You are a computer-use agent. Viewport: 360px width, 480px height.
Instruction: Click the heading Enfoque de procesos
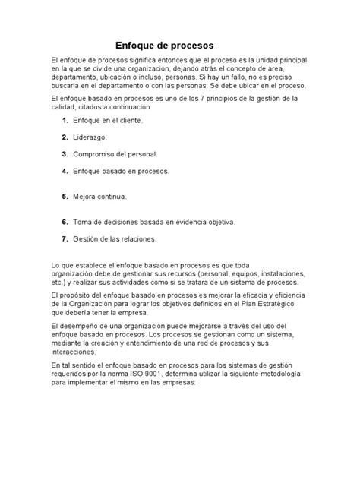click(x=165, y=45)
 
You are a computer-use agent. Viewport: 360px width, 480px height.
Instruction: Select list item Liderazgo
click(x=90, y=137)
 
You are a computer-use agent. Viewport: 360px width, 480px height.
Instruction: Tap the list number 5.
click(x=65, y=196)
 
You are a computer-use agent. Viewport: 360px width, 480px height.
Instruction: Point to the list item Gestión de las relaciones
click(x=115, y=239)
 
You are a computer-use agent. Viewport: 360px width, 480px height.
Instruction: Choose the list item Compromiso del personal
click(x=115, y=154)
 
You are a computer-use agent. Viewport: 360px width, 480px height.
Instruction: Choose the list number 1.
click(x=65, y=121)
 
